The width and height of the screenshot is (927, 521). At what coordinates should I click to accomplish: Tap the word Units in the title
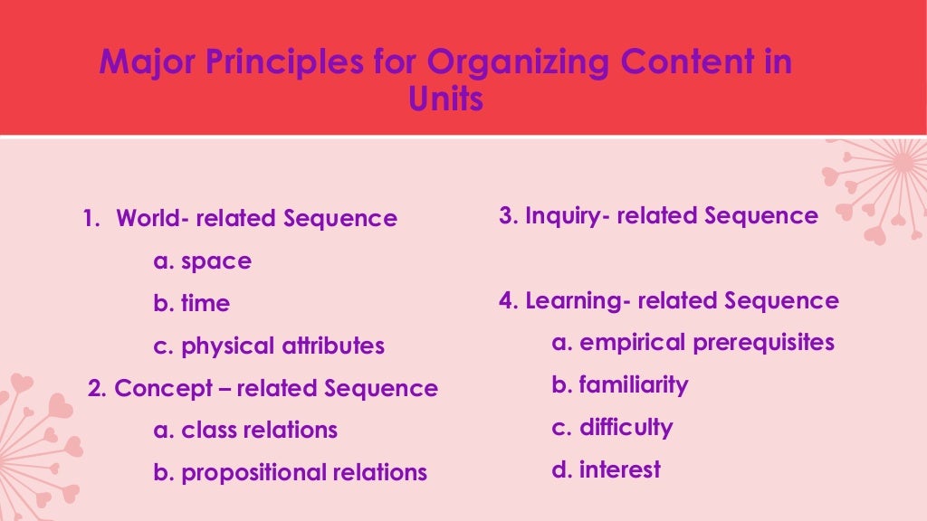445,99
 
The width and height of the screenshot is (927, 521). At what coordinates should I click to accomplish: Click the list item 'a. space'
203,261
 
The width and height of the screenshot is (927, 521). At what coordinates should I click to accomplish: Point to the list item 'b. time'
192,304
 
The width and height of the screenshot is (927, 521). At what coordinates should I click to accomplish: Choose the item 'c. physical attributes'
269,346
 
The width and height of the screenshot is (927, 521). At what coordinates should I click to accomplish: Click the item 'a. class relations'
245,430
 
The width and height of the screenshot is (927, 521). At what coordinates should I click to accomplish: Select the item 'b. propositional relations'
290,472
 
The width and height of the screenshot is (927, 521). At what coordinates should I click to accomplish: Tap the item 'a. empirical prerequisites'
693,343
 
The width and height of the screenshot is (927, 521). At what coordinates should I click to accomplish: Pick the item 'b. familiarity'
620,385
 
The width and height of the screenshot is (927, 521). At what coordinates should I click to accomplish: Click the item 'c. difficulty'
612,427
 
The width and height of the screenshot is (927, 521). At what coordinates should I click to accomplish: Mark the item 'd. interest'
606,469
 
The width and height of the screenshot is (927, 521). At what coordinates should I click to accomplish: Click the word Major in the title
145,63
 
